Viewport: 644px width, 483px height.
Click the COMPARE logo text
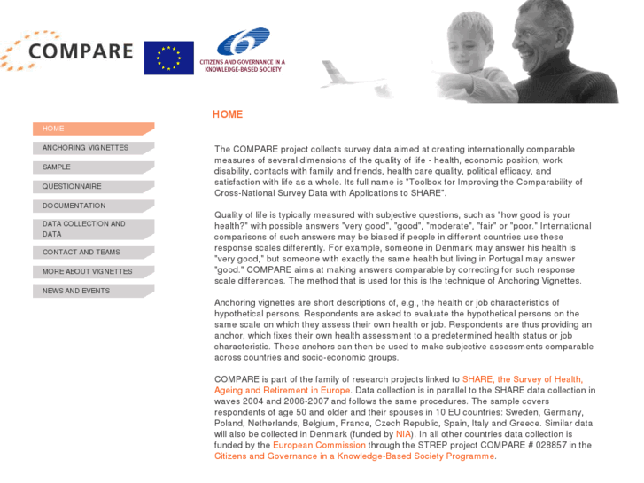[80, 51]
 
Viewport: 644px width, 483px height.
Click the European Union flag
[168, 58]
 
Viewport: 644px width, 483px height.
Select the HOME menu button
[93, 129]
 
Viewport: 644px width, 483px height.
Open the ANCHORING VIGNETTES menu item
[93, 148]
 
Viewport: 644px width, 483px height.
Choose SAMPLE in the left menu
[93, 167]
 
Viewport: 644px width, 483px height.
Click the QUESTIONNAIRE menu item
[93, 187]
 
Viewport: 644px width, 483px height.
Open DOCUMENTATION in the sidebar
[93, 206]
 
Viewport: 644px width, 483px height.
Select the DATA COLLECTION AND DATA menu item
[93, 230]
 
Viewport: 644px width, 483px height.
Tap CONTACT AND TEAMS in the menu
[93, 253]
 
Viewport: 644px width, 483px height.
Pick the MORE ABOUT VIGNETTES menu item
[93, 272]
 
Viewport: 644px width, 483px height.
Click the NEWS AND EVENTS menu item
[93, 291]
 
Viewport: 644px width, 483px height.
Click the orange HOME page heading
[227, 114]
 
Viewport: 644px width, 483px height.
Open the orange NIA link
[404, 434]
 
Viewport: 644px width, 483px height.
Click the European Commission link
[319, 445]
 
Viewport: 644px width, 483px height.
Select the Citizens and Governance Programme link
[354, 456]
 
